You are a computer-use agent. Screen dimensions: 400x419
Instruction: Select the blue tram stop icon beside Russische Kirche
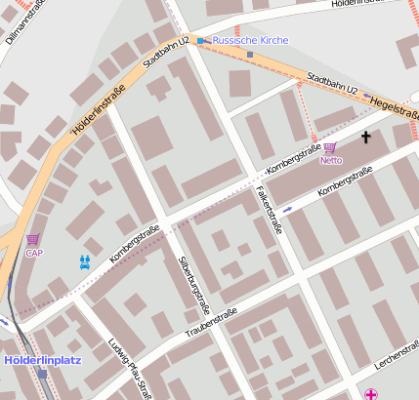[x=201, y=41]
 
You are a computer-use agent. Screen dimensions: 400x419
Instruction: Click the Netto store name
[x=331, y=160]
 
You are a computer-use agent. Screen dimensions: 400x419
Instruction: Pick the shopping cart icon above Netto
[x=330, y=147]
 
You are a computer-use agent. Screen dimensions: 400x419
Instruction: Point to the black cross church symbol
[x=366, y=138]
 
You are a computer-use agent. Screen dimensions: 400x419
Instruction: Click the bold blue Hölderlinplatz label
[x=42, y=359]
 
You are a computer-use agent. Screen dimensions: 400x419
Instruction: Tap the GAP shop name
[x=34, y=253]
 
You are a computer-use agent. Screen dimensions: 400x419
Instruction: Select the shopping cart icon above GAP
[x=33, y=239]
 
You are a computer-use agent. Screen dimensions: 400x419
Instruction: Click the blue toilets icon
[x=86, y=260]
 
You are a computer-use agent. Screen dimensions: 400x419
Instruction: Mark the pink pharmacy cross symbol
[x=371, y=393]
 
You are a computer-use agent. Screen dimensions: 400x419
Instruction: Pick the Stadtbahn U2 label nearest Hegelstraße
[x=332, y=88]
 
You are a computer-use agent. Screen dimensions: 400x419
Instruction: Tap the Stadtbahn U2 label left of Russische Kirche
[x=166, y=53]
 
